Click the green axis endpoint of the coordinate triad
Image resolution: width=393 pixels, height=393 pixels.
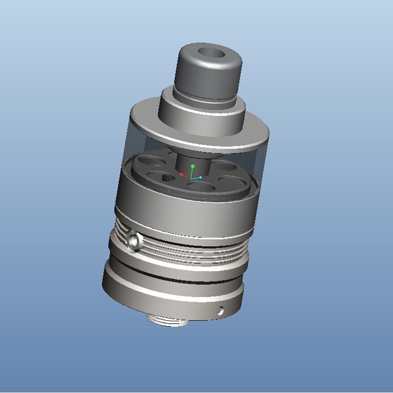pyautogui.click(x=193, y=167)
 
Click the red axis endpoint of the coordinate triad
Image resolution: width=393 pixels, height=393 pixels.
pyautogui.click(x=181, y=174)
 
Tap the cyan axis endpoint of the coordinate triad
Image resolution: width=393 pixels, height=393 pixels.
pyautogui.click(x=200, y=177)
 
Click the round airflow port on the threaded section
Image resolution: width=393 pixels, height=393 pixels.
pyautogui.click(x=133, y=240)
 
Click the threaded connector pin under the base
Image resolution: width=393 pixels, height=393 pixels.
pyautogui.click(x=169, y=321)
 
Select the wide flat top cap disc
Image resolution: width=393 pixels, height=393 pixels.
pyautogui.click(x=147, y=123)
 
